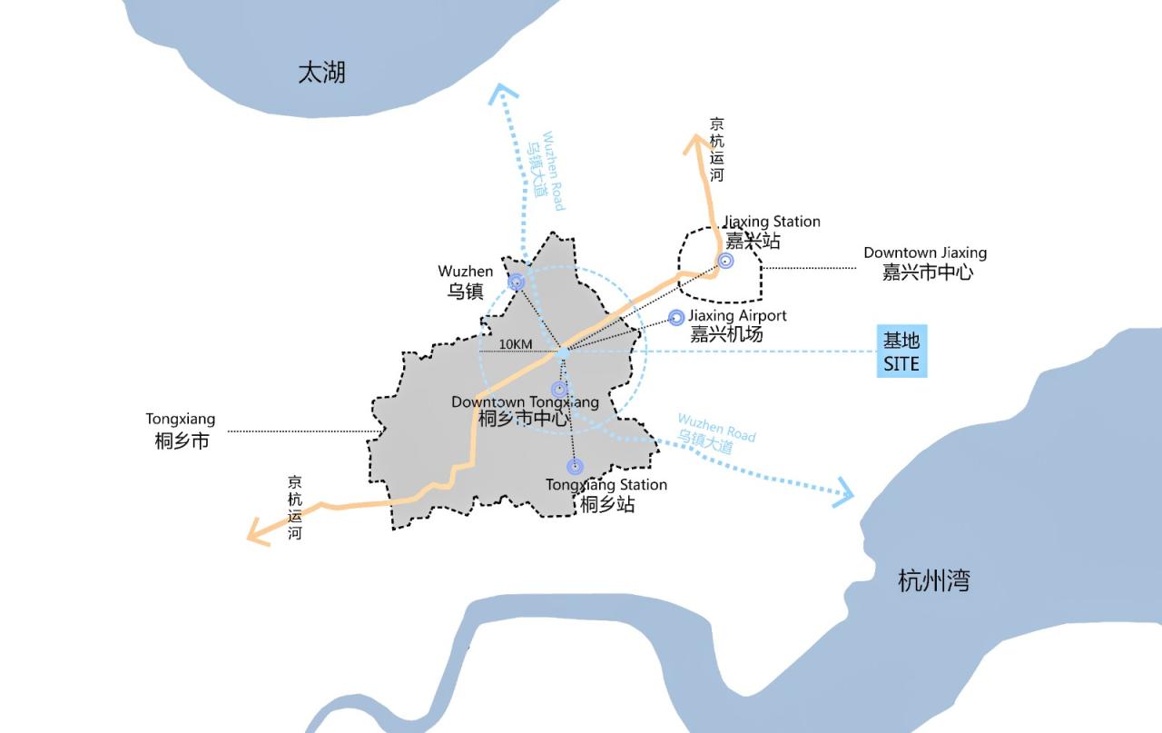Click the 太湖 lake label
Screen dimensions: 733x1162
(321, 73)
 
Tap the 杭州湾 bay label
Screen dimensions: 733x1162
(933, 580)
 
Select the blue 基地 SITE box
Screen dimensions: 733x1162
(901, 352)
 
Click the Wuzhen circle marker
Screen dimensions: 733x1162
(516, 282)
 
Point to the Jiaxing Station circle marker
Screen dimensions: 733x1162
(725, 262)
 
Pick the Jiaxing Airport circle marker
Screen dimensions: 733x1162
(675, 317)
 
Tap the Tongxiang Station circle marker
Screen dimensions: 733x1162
(575, 467)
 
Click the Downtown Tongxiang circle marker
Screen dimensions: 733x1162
(559, 390)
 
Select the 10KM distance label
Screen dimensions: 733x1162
(516, 344)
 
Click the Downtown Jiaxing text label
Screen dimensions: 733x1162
(924, 253)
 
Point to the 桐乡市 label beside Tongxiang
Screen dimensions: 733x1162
(182, 441)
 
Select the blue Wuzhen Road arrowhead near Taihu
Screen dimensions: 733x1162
(502, 92)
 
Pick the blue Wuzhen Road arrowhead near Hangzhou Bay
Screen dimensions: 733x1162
(844, 493)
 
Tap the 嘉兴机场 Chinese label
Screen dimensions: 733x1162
(726, 333)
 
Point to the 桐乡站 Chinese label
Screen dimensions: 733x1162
(607, 503)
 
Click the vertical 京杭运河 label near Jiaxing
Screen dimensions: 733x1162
(717, 150)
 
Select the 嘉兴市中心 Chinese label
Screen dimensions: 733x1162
(927, 272)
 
